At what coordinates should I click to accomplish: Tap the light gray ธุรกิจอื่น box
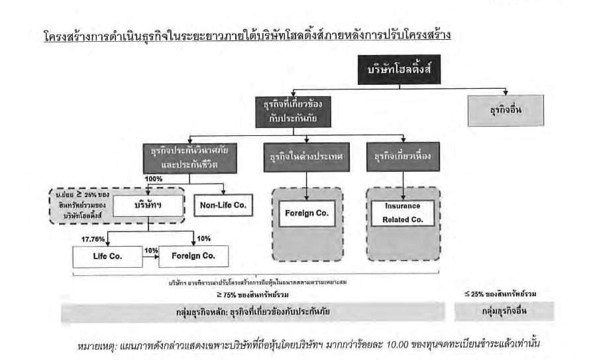point(506,111)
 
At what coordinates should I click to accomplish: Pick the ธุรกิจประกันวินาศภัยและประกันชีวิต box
point(189,158)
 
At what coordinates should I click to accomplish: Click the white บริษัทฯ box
point(148,206)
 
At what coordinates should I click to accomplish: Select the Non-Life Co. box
point(223,206)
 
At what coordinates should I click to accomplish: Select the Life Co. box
point(107,256)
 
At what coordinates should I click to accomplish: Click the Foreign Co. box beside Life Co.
point(194,256)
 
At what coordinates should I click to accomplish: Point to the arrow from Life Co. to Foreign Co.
point(151,257)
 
